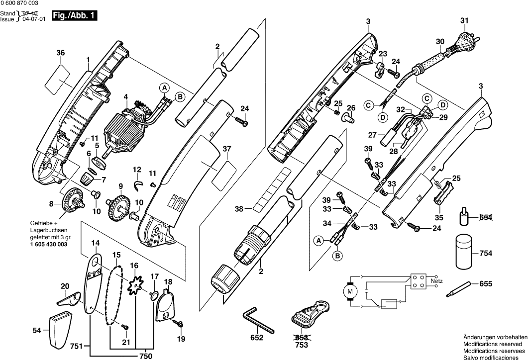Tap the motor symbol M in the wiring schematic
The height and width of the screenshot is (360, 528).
[350, 290]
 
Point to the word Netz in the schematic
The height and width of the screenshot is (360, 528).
[436, 281]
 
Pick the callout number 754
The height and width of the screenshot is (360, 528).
[486, 254]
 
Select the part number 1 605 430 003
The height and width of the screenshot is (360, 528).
[49, 245]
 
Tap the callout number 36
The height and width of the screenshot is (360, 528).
[61, 53]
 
